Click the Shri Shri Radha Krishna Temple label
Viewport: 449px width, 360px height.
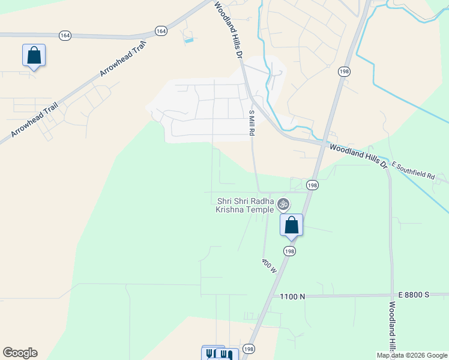[x=245, y=205]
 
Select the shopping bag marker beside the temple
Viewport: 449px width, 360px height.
[x=292, y=226]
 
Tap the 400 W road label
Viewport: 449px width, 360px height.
[x=268, y=265]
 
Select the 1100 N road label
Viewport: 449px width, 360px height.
[x=293, y=296]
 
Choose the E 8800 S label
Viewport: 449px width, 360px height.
[x=414, y=295]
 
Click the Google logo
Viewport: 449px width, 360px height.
[x=20, y=353]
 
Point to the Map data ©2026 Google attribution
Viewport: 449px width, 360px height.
[x=412, y=355]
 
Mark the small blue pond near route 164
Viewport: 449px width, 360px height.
[x=189, y=40]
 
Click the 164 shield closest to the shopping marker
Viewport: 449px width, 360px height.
[x=65, y=36]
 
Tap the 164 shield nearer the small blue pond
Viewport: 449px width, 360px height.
[x=161, y=30]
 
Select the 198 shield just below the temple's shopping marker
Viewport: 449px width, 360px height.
[x=291, y=251]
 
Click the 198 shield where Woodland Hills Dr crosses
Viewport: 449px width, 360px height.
[x=312, y=185]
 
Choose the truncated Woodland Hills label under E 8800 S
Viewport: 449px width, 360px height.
[x=391, y=327]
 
